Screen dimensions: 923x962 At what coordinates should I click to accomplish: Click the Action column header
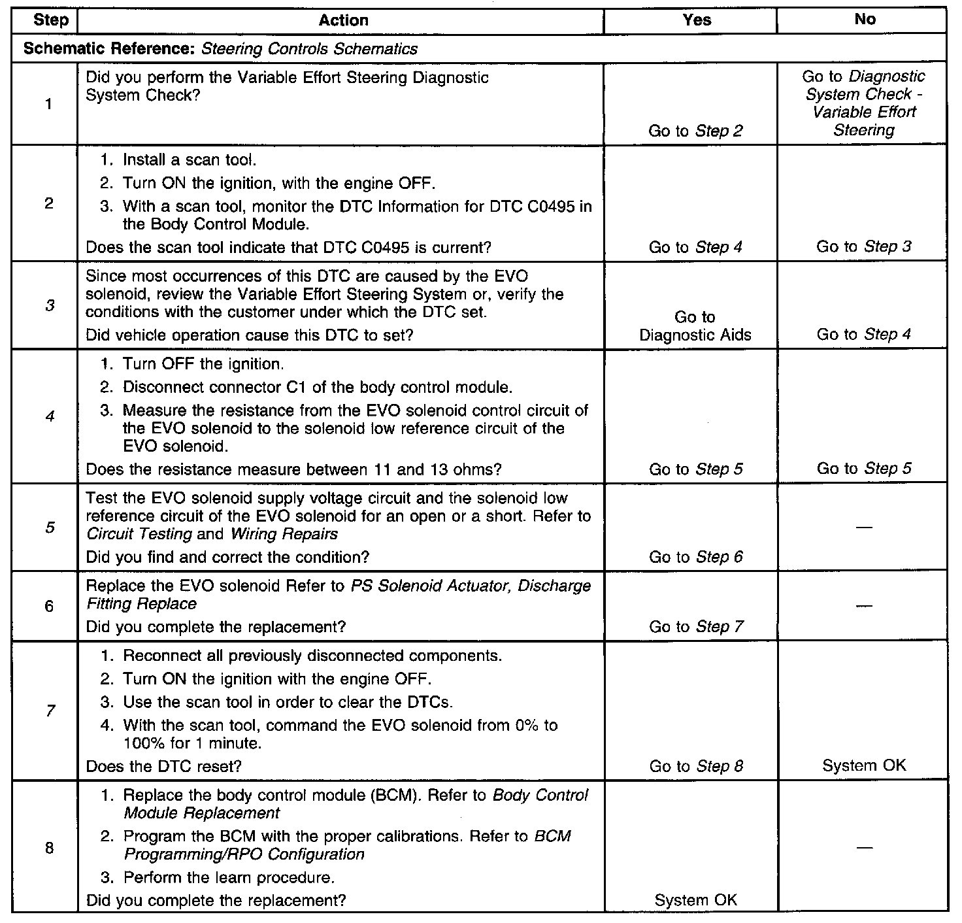click(343, 20)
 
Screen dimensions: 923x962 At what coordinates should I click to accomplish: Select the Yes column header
click(697, 20)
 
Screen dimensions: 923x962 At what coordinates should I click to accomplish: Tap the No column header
click(864, 20)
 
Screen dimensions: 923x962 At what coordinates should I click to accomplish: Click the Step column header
click(50, 20)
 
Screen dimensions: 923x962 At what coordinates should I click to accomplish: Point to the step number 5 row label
click(50, 527)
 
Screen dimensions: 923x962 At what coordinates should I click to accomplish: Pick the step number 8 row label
click(50, 848)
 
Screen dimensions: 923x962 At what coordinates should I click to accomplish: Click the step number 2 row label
click(50, 203)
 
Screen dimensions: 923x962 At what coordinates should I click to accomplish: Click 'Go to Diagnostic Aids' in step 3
click(695, 326)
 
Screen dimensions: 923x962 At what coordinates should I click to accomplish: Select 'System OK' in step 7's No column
click(864, 765)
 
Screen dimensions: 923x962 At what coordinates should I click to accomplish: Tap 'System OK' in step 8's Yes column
click(695, 900)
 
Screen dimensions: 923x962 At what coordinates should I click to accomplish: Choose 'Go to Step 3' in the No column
click(864, 247)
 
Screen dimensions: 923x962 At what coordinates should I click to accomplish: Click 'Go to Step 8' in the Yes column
click(696, 766)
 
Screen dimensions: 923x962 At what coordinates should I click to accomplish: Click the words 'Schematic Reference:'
click(110, 49)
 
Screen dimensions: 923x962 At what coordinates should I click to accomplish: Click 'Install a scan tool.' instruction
click(190, 160)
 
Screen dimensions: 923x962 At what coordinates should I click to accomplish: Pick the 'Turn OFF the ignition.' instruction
click(203, 364)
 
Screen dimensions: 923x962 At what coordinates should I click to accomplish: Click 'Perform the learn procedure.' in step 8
click(229, 877)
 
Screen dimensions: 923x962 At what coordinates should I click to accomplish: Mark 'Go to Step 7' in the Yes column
click(696, 627)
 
